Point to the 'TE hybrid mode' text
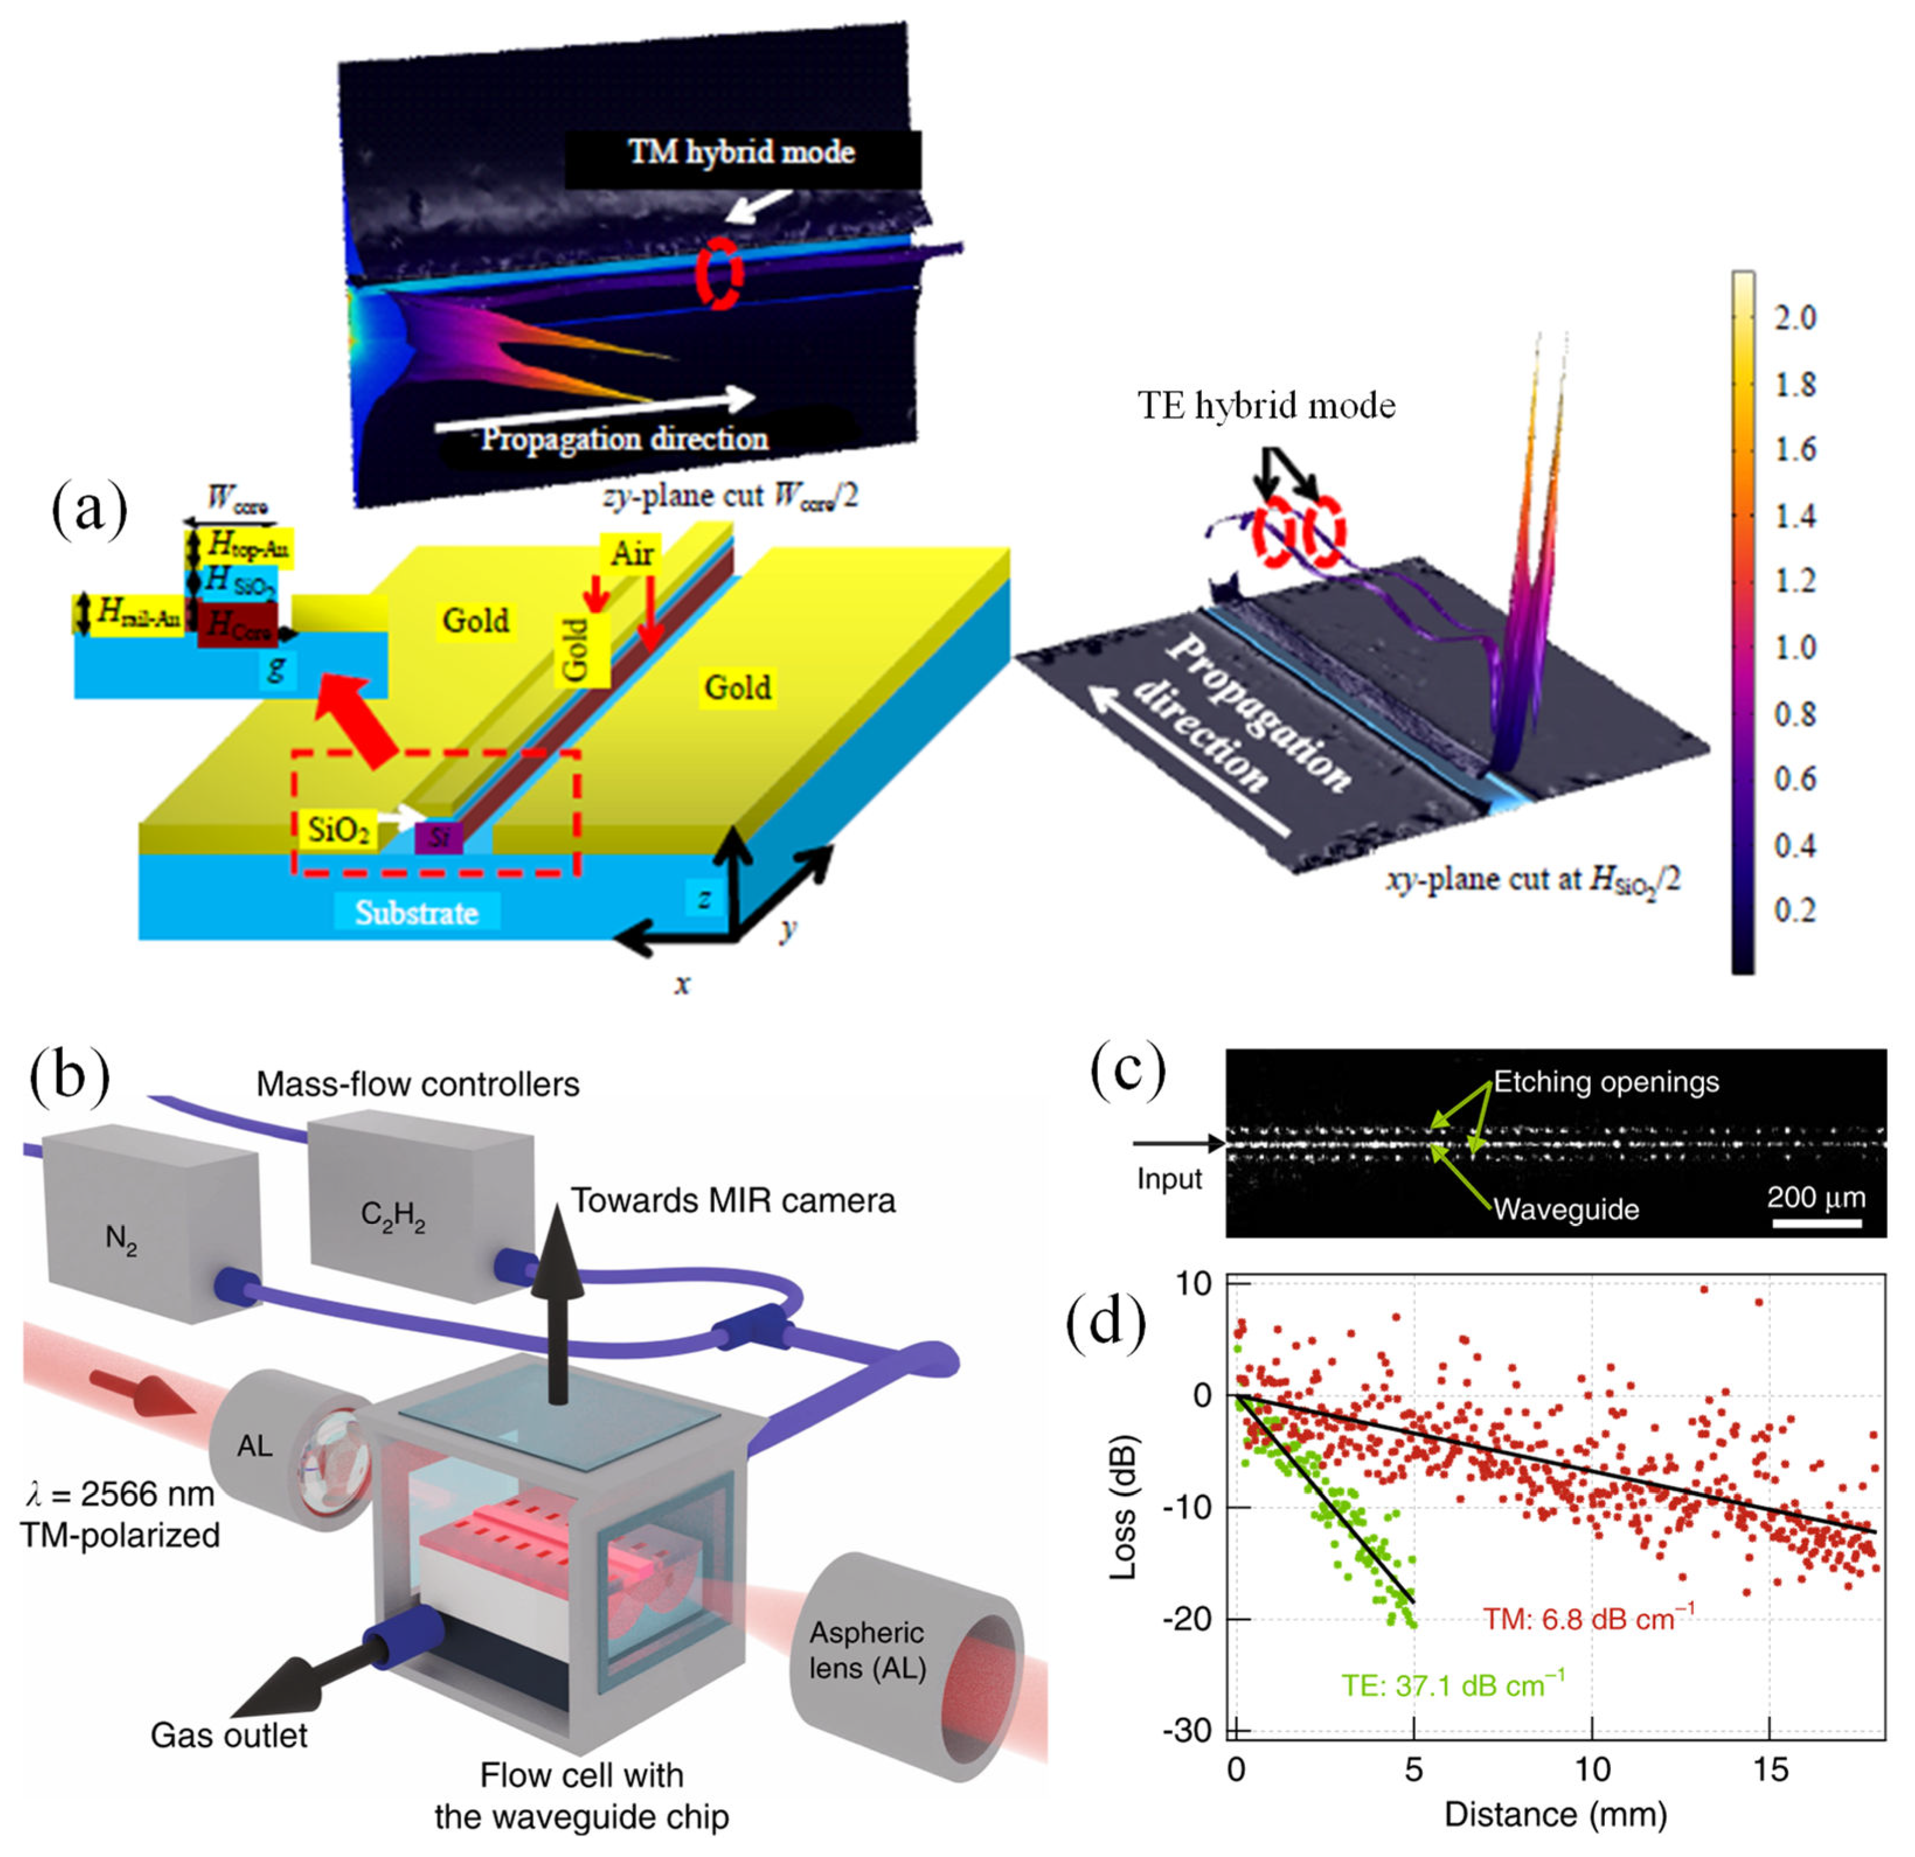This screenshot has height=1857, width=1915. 1266,405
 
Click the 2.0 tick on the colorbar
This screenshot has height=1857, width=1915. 1794,318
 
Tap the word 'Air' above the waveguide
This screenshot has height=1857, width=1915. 631,554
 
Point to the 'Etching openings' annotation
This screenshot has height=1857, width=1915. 1605,1082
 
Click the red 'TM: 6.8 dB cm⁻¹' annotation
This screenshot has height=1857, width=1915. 1588,1619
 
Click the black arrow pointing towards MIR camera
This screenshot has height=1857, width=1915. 557,1299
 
